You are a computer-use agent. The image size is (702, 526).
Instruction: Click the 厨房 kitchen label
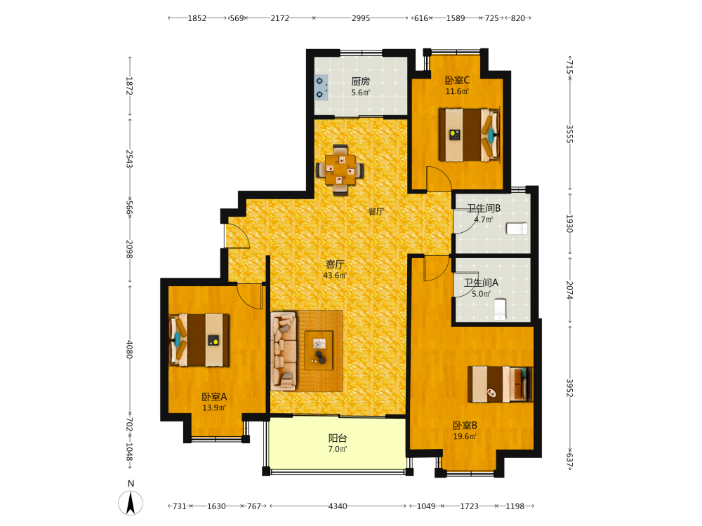pos(360,81)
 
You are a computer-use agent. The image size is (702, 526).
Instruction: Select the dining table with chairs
pos(340,170)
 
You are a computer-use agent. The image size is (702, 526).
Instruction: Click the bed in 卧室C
pos(469,135)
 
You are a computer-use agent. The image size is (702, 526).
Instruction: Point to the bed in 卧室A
pos(199,340)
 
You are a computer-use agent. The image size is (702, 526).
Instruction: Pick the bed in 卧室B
pos(500,384)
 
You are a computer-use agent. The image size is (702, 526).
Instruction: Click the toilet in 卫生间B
pos(517,229)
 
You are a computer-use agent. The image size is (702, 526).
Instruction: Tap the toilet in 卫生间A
pos(500,309)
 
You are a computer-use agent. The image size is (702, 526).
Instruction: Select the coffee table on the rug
pos(319,350)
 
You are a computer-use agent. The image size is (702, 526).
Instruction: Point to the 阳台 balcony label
pos(338,438)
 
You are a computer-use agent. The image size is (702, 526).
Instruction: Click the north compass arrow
pos(131,503)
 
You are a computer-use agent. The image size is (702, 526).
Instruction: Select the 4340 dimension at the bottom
pos(338,506)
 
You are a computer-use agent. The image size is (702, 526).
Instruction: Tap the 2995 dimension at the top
pos(360,18)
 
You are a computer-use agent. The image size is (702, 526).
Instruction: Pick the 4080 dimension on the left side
pos(129,349)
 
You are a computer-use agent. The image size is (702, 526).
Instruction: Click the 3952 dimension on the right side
pos(569,388)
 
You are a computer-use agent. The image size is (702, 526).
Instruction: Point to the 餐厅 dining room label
pos(376,212)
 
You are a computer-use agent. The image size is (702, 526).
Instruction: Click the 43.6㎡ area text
pos(335,276)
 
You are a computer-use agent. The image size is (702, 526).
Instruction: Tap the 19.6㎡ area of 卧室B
pos(465,436)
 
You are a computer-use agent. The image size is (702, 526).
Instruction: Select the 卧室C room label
pos(457,81)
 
